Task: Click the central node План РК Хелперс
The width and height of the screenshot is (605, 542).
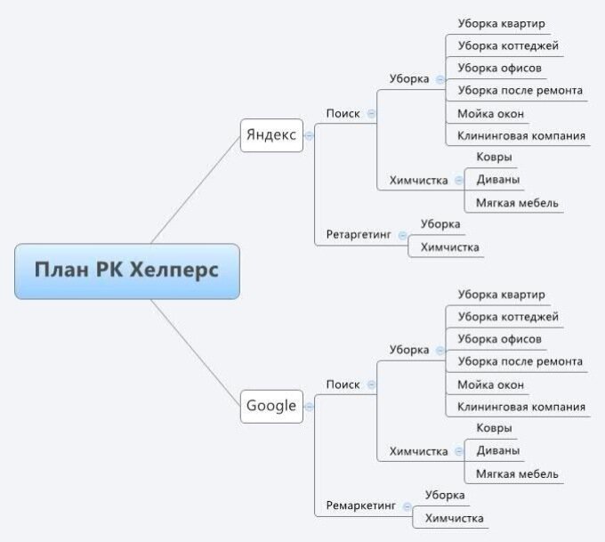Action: tap(127, 271)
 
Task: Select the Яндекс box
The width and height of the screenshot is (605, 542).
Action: tap(271, 135)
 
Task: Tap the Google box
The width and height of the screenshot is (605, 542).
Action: tap(271, 406)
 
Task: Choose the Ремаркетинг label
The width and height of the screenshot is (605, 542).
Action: tap(360, 506)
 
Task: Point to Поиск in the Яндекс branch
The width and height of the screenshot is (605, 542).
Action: tap(343, 114)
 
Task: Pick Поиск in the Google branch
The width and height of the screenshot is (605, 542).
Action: tap(343, 384)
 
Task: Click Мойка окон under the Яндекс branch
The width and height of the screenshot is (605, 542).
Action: tap(490, 114)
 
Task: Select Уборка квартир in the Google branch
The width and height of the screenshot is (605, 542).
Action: tap(501, 294)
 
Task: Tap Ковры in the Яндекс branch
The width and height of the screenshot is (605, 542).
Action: tap(494, 158)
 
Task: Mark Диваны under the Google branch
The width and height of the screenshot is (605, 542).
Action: tap(498, 450)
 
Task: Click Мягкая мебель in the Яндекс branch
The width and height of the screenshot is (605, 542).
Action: tap(517, 203)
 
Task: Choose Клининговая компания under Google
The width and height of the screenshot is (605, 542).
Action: tap(521, 407)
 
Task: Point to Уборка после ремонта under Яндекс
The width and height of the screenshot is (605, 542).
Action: tap(520, 90)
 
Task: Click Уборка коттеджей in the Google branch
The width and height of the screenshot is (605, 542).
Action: tap(508, 316)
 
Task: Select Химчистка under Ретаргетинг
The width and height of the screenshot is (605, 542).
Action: tap(450, 247)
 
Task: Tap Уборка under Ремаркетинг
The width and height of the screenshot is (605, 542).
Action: tap(445, 495)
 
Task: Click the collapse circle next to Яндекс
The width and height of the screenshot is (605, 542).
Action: tap(310, 136)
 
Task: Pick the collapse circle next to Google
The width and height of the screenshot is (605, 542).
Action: tap(310, 407)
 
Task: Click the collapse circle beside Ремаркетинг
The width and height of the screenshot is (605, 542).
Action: tap(407, 506)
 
